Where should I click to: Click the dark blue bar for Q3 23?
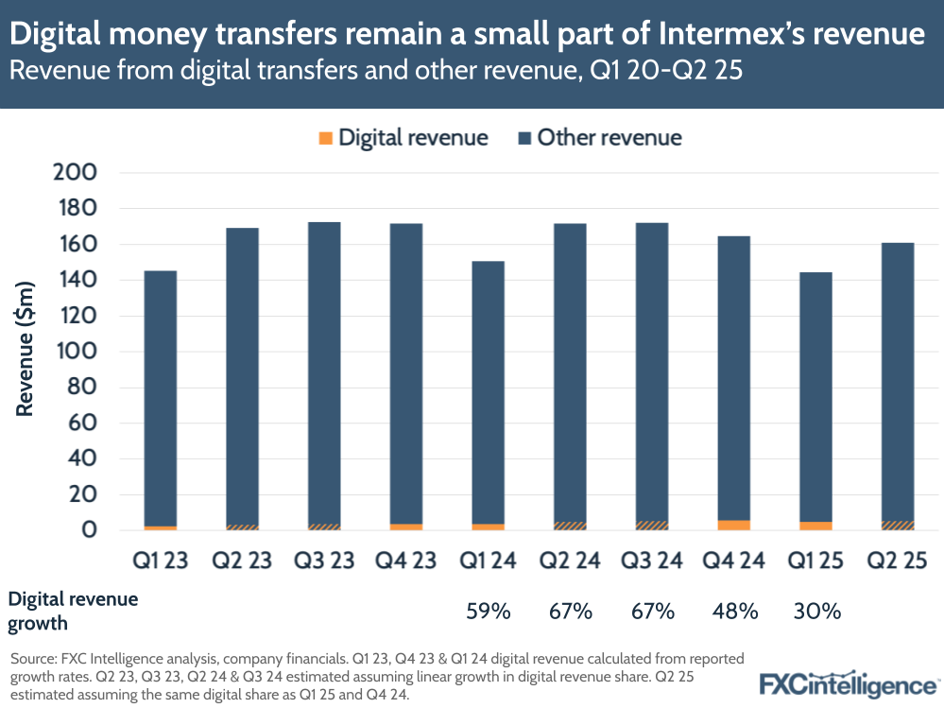(x=324, y=373)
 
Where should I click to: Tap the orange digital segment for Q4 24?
(x=734, y=525)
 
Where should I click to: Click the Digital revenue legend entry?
(x=403, y=138)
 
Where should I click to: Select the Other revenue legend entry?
(x=599, y=138)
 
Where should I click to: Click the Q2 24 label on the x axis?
(x=570, y=561)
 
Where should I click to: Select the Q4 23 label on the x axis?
(x=406, y=561)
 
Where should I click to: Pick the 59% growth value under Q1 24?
(x=489, y=612)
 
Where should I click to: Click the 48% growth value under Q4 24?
(x=734, y=612)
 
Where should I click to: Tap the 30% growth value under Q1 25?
(x=816, y=612)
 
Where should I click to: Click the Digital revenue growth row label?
(x=73, y=611)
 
